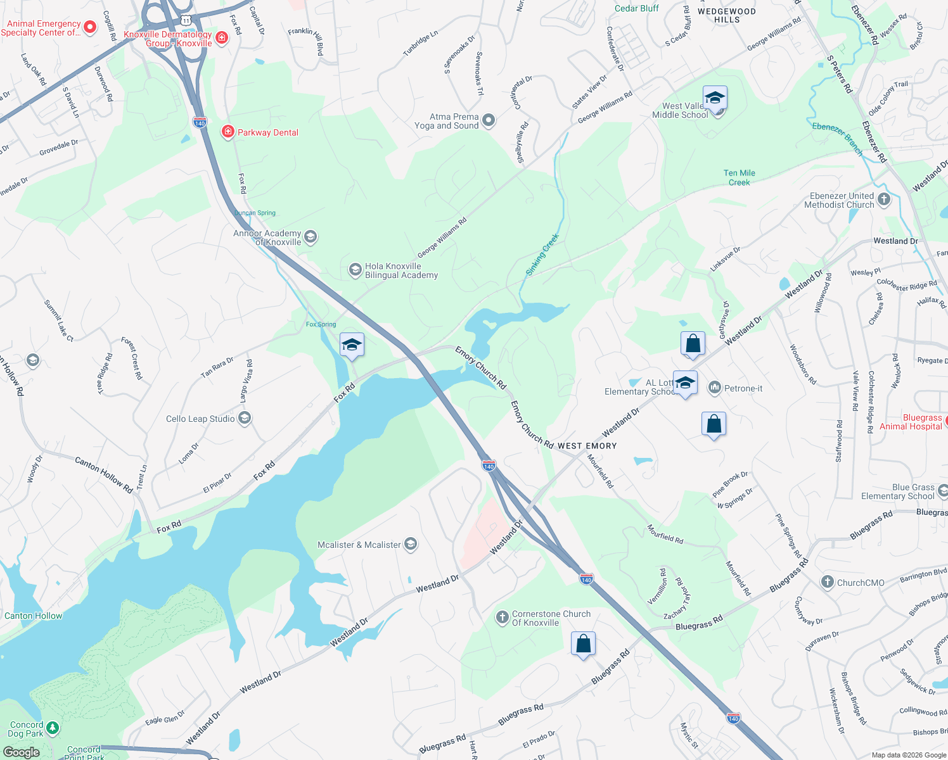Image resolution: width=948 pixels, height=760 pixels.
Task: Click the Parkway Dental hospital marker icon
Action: pos(227,132)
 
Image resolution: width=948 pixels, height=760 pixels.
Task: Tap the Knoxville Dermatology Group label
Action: pos(168,39)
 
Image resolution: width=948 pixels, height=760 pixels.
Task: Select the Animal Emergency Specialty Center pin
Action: pos(90,27)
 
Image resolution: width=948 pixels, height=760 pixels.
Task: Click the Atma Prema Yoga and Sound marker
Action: pos(488,120)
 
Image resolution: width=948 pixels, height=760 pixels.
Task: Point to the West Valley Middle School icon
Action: pos(715,99)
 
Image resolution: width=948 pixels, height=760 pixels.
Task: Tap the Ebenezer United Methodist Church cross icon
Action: pos(884,200)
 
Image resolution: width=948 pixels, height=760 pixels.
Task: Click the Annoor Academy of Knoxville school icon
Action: pos(310,237)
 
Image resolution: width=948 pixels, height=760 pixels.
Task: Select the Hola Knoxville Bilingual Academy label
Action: pos(401,270)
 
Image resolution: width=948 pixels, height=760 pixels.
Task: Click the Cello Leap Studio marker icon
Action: pos(245,419)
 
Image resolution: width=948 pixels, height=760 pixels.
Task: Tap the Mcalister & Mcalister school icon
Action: pos(410,545)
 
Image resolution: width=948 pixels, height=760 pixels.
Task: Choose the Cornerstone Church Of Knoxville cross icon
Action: pos(502,617)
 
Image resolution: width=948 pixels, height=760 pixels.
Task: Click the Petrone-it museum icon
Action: pos(715,388)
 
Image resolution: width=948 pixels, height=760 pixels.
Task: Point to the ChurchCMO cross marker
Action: pos(827,583)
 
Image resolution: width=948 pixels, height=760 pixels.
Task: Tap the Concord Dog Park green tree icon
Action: pos(53,729)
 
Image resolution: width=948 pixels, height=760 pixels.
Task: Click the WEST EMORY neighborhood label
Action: pos(587,446)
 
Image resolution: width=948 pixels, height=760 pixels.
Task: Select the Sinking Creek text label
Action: pos(542,254)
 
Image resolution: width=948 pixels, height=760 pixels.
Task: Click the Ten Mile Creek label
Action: pos(739,177)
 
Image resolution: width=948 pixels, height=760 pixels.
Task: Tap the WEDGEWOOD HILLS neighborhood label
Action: pos(726,15)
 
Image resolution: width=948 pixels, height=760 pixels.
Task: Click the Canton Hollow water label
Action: pos(34,616)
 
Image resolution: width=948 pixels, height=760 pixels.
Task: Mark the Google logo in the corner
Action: pos(21,752)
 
